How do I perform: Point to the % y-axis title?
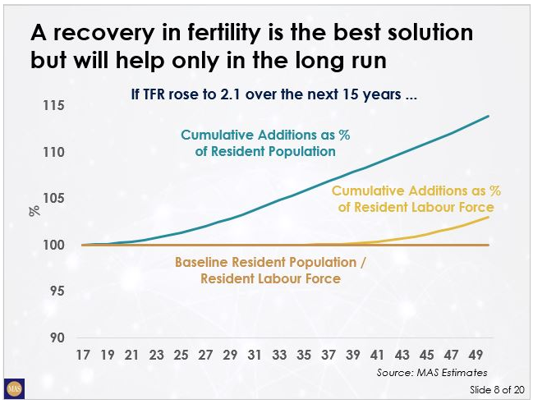pyautogui.click(x=34, y=210)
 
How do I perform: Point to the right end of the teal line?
pyautogui.click(x=489, y=116)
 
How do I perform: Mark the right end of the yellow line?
pyautogui.click(x=489, y=217)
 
